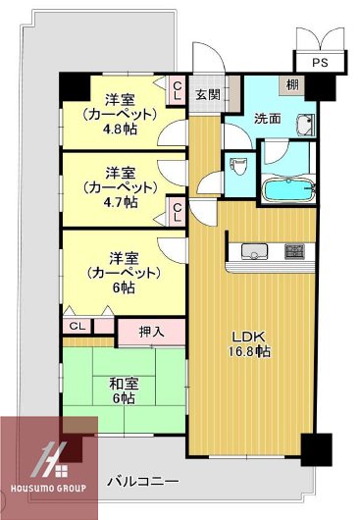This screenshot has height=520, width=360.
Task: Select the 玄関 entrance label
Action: click(x=206, y=94)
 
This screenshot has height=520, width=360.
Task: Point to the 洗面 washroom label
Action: click(x=268, y=118)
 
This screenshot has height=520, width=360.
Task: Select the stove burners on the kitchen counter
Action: click(x=294, y=251)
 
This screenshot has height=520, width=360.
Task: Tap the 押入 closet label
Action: click(x=138, y=332)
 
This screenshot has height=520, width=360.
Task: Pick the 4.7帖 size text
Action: click(x=123, y=202)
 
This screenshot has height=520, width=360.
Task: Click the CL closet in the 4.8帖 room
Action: click(x=178, y=91)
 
